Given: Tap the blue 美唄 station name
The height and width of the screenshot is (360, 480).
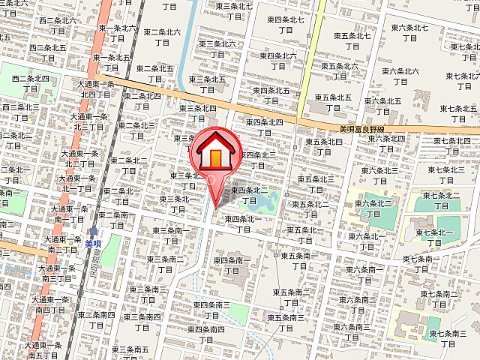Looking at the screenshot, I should [x=93, y=243].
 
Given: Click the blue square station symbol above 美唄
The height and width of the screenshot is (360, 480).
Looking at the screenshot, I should [x=93, y=232].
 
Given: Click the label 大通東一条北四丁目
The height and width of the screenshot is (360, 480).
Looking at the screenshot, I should [x=96, y=89].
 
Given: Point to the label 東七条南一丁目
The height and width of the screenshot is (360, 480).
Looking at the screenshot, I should [x=421, y=263].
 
